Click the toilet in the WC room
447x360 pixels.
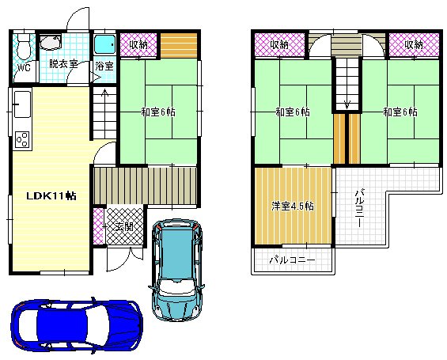point(24,46)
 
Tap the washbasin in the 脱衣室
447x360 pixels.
point(50,43)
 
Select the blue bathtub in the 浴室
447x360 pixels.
point(104,44)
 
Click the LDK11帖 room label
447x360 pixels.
point(51,195)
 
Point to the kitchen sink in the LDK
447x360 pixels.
point(22,104)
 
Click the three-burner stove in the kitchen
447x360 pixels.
point(22,139)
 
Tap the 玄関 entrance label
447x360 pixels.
point(124,227)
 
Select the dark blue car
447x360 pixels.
point(77,325)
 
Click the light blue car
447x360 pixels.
point(176,269)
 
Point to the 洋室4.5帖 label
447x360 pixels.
point(293,206)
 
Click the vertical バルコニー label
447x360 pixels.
point(359,207)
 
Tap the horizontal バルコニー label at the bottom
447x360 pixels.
point(293,260)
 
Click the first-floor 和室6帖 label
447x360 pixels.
point(158,112)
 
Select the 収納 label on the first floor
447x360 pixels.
point(138,44)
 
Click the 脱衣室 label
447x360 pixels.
point(63,64)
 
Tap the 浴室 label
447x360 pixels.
point(104,66)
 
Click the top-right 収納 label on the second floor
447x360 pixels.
point(414,44)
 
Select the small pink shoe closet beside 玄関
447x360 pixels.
point(98,226)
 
